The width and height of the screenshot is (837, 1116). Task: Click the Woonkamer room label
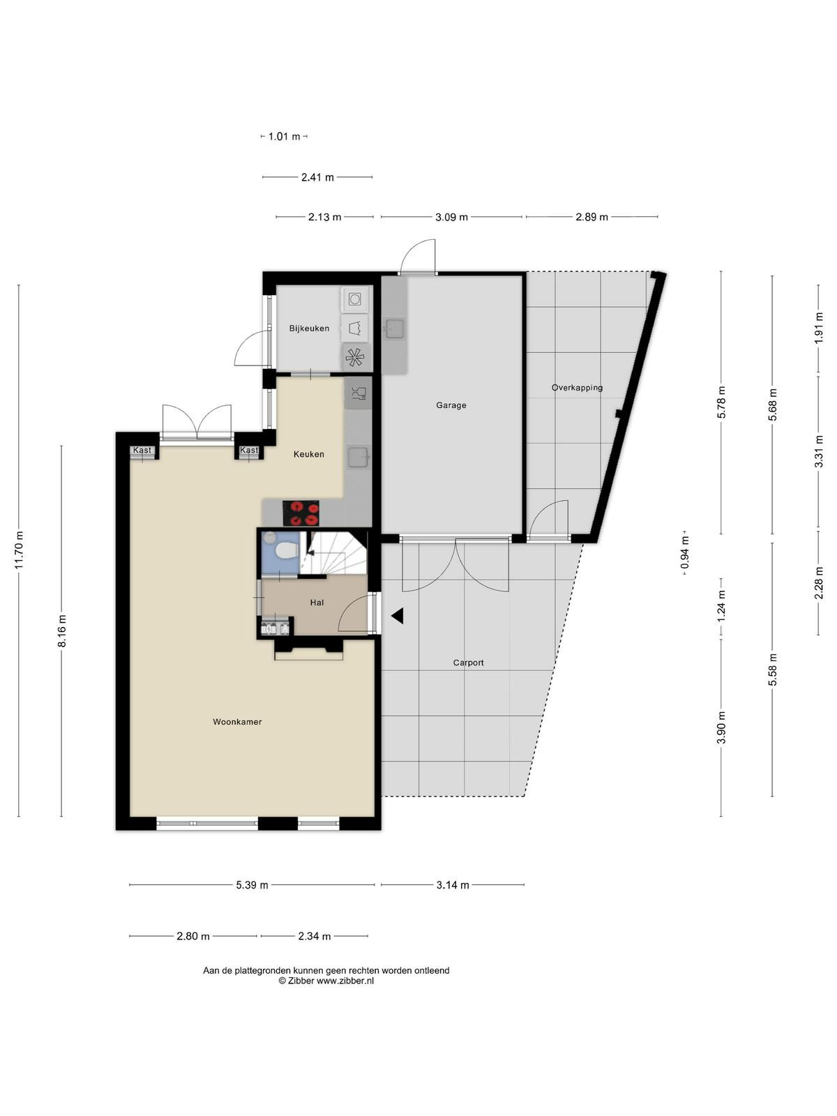(237, 722)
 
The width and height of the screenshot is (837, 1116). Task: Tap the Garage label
(451, 405)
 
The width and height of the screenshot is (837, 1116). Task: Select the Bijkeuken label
(309, 329)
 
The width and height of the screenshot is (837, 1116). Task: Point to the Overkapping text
(577, 388)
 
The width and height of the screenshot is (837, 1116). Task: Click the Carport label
(468, 663)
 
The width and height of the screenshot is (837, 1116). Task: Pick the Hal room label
(317, 603)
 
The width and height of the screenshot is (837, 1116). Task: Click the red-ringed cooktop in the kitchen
(301, 513)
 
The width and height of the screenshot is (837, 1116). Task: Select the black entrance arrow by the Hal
(397, 616)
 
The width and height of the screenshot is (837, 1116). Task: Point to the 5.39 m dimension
(252, 885)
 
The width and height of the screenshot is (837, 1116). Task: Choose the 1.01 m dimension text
(284, 136)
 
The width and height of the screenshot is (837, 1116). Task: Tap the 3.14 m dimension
(452, 885)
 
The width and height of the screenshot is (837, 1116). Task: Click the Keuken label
(308, 454)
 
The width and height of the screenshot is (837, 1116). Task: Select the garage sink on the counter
(393, 329)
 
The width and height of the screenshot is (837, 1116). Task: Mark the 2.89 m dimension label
(591, 217)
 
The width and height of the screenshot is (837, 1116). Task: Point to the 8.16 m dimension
(61, 631)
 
